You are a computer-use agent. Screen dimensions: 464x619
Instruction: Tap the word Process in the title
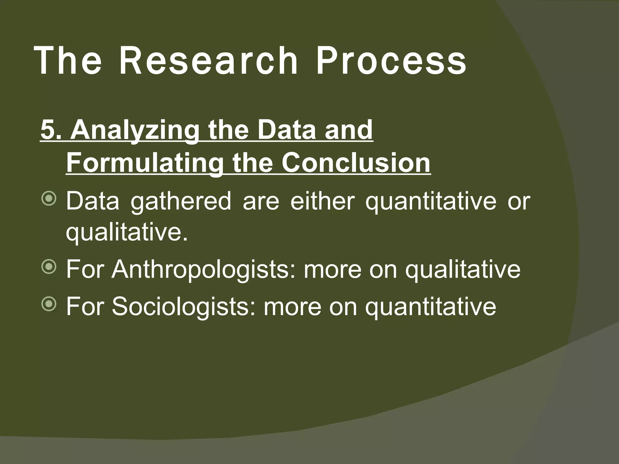click(x=391, y=61)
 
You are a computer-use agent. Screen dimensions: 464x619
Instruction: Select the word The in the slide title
click(x=68, y=61)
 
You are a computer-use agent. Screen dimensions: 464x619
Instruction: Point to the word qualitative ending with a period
click(x=127, y=233)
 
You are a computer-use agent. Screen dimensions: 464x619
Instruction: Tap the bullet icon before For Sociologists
click(x=48, y=304)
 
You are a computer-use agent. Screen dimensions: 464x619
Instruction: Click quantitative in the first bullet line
click(x=430, y=202)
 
